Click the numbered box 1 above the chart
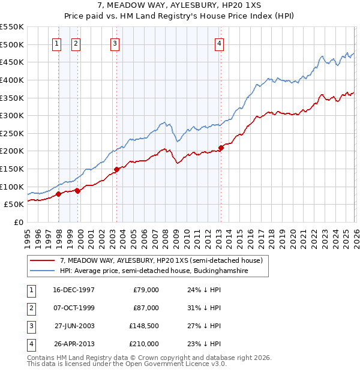tap(56, 43)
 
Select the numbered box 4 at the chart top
tap(220, 43)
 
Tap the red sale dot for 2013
tap(221, 147)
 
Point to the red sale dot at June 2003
tap(116, 169)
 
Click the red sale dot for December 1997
tap(59, 194)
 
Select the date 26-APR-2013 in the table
tap(73, 344)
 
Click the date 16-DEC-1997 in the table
tap(73, 290)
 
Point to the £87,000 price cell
tap(146, 308)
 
